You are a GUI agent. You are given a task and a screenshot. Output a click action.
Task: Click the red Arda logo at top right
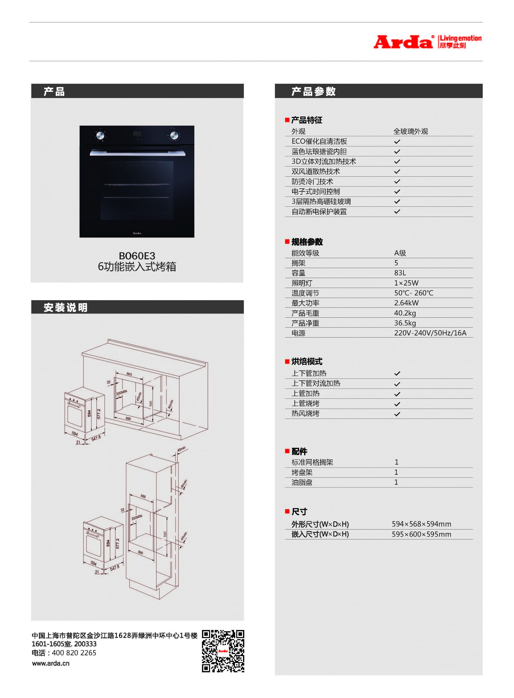coord(403,42)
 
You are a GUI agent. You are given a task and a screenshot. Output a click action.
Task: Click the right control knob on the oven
coord(174,136)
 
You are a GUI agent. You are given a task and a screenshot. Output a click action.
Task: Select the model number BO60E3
coord(137,256)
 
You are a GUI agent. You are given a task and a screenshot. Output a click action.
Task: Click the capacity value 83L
coord(400,273)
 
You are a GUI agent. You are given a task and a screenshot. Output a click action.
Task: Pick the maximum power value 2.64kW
coord(406,303)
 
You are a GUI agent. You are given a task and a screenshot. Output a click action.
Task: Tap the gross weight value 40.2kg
coord(405,313)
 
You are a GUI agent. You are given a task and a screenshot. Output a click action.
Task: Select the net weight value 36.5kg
coord(405,323)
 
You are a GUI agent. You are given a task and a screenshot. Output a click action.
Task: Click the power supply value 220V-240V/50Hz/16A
coord(430,333)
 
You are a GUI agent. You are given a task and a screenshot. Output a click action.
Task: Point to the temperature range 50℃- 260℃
coord(413,293)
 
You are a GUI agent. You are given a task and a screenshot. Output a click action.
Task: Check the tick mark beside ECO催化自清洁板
coord(397,142)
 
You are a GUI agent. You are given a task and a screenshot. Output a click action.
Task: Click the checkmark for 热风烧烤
coord(397,414)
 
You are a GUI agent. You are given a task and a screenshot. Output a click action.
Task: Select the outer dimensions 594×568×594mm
coord(421,524)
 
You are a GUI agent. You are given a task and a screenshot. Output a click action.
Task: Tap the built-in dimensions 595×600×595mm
coord(421,534)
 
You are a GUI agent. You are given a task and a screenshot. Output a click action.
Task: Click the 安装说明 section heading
coord(65,308)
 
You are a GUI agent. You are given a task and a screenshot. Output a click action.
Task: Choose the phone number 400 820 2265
coord(74,653)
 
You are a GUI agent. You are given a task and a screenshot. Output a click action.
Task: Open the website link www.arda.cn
coord(51,663)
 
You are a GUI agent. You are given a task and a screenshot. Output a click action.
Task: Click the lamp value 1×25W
coord(406,283)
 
